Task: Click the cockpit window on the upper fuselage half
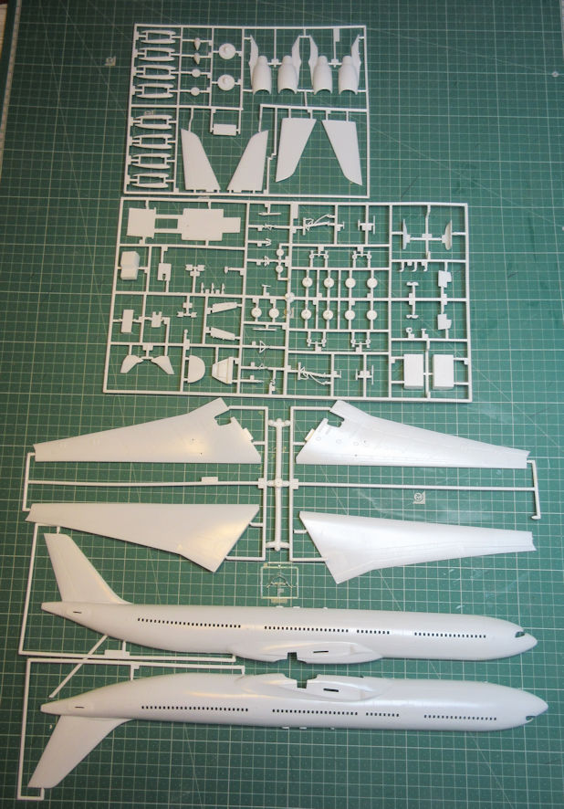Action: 521,633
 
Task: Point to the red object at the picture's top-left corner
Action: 5,13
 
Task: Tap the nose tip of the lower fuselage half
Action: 546,706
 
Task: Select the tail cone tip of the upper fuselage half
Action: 45,606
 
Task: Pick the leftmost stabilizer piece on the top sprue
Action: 198,158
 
